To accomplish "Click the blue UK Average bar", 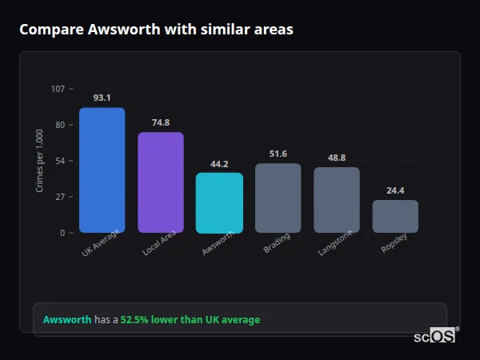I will (x=102, y=170).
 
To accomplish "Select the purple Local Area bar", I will (x=160, y=182).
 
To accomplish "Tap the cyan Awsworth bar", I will (x=219, y=203).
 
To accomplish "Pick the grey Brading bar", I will (x=278, y=198).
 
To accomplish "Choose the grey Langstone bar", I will (x=336, y=200).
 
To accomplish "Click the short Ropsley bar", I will (x=395, y=216).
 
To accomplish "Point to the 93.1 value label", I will (x=102, y=98).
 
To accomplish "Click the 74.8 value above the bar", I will (x=160, y=122).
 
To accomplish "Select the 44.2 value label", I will (x=219, y=163).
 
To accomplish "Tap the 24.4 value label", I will (x=395, y=190).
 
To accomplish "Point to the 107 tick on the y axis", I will (x=58, y=89).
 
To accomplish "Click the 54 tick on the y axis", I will (x=60, y=161).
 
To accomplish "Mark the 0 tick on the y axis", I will (x=62, y=233).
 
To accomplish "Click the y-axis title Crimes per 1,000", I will (x=40, y=161).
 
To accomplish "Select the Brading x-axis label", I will (x=277, y=243).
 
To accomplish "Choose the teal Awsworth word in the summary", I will (x=67, y=320).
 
